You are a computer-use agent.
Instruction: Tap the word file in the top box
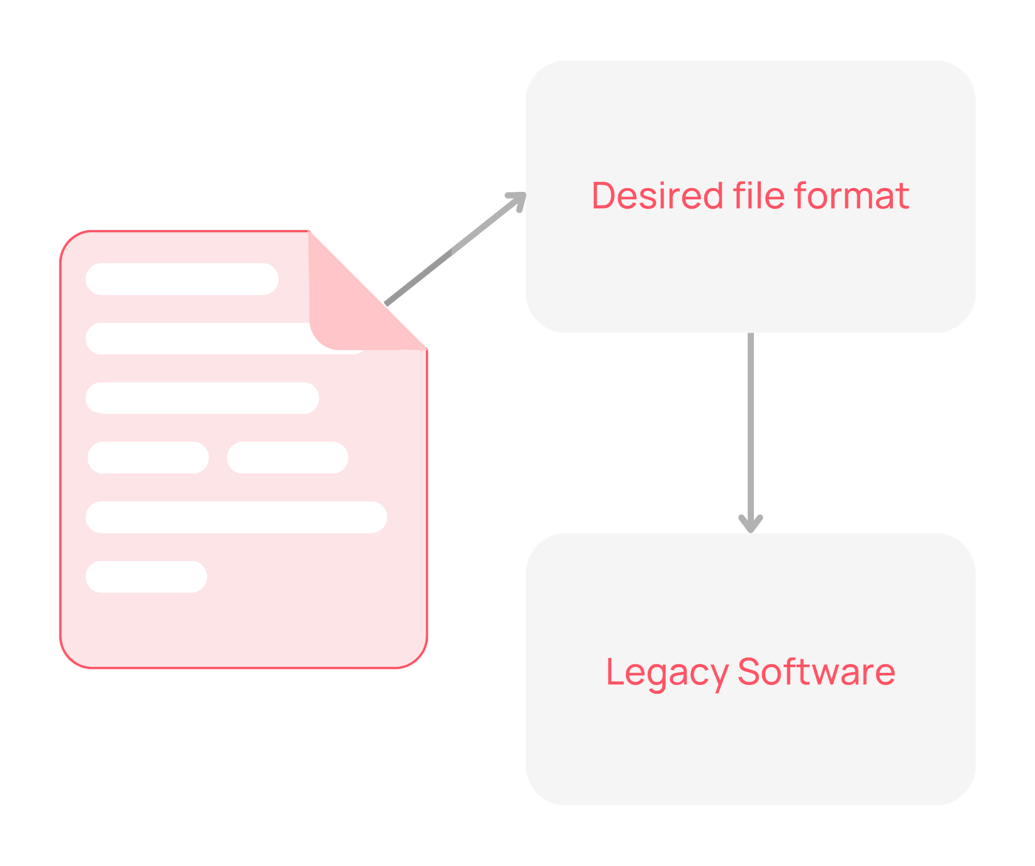point(758,196)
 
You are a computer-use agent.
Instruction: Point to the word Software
point(816,672)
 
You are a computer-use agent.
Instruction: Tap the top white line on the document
point(182,279)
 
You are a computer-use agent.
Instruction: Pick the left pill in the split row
point(148,458)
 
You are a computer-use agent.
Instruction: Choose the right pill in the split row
point(287,458)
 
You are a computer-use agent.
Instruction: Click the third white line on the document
point(202,398)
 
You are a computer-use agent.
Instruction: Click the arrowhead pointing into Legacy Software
point(751,524)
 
